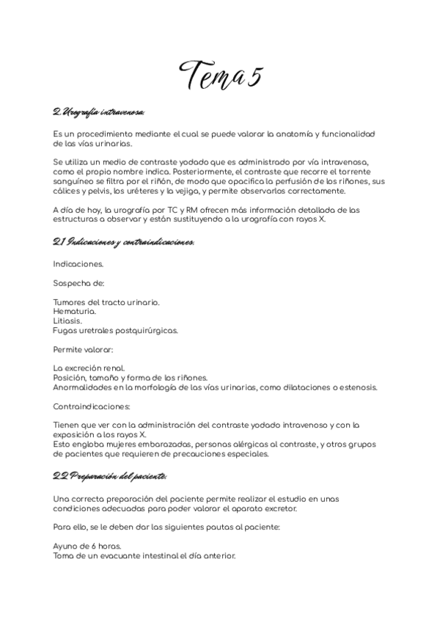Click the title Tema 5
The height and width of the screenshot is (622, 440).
pos(221,73)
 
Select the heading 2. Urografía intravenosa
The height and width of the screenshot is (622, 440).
pos(99,112)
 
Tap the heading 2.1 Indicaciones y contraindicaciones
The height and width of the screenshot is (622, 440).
pos(123,241)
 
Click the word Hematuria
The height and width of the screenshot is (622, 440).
pos(74,311)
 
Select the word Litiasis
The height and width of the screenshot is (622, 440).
pos(67,321)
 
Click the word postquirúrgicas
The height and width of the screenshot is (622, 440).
pos(150,330)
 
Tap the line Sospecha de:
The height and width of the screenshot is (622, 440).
pos(78,282)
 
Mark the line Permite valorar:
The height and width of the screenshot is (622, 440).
pos(83,349)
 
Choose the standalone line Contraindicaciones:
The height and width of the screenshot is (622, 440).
pos(92,406)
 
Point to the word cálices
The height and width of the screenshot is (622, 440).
pos(67,191)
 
